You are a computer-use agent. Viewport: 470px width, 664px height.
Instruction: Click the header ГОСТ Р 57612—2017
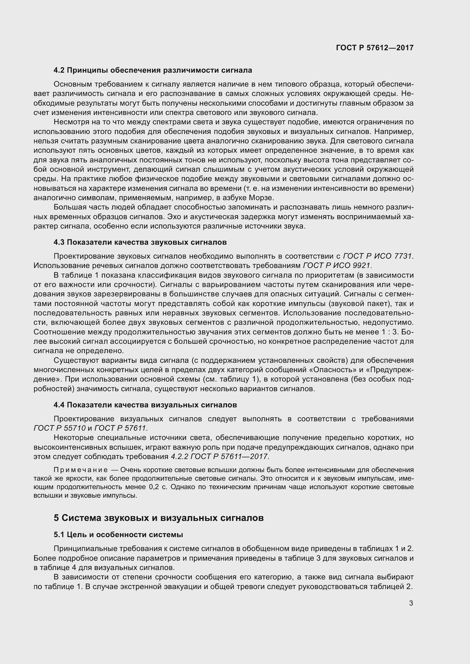375,48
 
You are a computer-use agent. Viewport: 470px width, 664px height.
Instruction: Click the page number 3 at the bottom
411,603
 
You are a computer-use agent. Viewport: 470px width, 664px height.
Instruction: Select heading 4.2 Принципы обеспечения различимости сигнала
153,70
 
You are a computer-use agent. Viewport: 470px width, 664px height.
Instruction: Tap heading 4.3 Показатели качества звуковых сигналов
140,242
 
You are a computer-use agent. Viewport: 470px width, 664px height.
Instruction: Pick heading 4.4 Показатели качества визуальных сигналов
145,405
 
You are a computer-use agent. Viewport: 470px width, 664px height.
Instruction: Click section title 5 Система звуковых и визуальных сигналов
159,518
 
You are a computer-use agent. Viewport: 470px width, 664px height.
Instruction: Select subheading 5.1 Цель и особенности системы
118,535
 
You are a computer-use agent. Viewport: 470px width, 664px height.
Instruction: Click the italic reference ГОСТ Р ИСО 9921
336,265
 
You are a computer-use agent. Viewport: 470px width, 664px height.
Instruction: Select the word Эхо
176,217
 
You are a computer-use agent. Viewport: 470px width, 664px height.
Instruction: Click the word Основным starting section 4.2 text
72,84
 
